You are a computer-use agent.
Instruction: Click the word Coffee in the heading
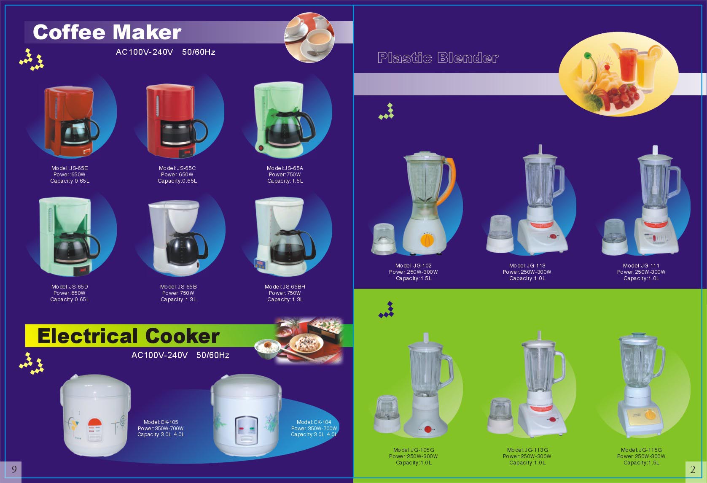pos(69,32)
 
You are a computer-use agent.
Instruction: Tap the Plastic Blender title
pos(438,58)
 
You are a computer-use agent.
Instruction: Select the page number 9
pos(14,469)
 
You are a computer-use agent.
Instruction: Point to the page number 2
pos(693,470)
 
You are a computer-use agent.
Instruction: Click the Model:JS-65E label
pos(70,168)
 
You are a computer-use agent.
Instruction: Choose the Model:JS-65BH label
pos(285,286)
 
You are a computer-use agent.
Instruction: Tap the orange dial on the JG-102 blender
pos(427,240)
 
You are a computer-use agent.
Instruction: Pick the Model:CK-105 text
pos(161,422)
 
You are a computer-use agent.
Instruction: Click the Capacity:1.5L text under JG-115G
pos(641,462)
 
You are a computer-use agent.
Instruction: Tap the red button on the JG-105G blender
pos(427,429)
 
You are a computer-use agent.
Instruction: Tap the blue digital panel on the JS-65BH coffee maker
pos(259,264)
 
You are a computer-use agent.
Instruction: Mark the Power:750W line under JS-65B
pos(178,293)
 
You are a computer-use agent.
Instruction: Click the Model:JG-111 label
pos(641,265)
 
